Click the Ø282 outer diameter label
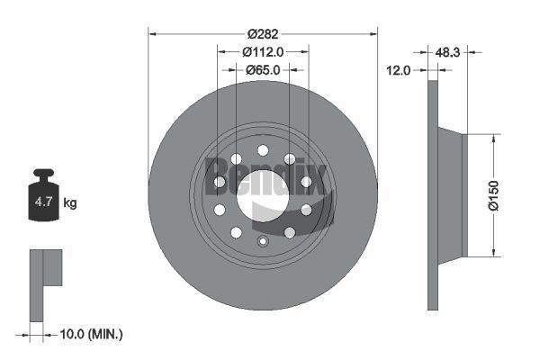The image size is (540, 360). (x=262, y=33)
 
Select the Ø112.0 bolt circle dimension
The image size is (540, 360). (x=262, y=51)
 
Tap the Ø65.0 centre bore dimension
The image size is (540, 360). (x=262, y=69)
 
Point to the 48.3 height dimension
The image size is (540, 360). (x=447, y=53)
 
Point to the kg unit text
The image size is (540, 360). (x=69, y=203)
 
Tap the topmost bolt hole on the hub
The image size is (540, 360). (x=263, y=150)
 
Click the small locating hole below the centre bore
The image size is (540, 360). (x=263, y=241)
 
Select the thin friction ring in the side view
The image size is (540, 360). (x=433, y=194)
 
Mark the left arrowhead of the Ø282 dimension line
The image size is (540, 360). (x=152, y=33)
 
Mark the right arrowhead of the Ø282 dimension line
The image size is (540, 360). (x=373, y=33)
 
